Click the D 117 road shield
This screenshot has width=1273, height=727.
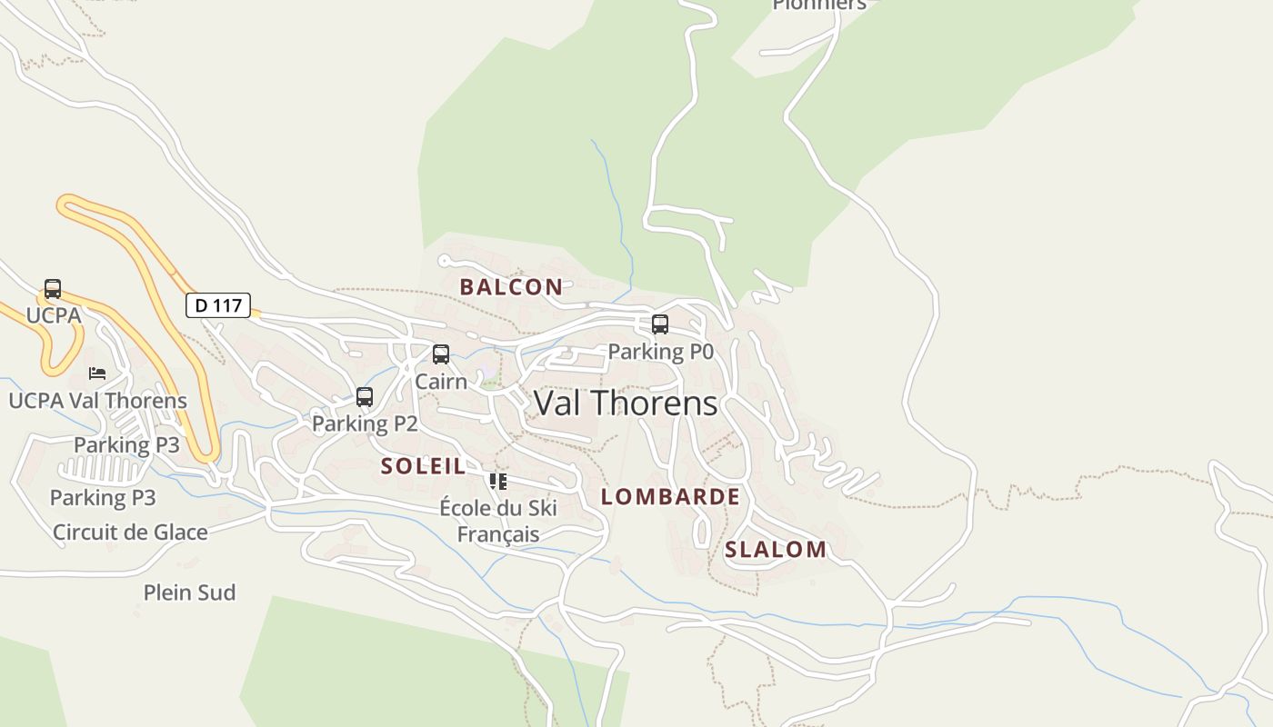pos(218,305)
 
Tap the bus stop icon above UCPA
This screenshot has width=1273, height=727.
pos(53,289)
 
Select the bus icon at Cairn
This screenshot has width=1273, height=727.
pos(441,354)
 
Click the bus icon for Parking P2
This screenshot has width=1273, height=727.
pos(365,397)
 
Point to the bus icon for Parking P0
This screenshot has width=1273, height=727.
pos(660,324)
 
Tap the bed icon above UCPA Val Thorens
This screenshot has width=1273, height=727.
pos(97,373)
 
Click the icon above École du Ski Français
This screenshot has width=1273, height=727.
pos(497,481)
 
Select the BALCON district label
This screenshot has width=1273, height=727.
pos(511,287)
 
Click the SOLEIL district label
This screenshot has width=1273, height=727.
pos(423,467)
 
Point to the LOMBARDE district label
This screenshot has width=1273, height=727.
pos(670,497)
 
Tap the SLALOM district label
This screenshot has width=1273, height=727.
pos(776,550)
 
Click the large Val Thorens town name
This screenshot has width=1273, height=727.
pos(626,403)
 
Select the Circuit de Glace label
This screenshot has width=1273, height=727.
pos(130,533)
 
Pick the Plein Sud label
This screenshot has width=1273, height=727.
pos(189,593)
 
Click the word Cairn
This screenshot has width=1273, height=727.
pos(441,382)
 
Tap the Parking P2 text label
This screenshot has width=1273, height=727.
pos(365,423)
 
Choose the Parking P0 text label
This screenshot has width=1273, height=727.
pos(660,352)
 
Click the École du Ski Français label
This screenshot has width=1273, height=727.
pos(498,521)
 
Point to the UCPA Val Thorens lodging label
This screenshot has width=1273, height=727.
pos(97,401)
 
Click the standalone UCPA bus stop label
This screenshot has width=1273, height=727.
pos(54,315)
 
